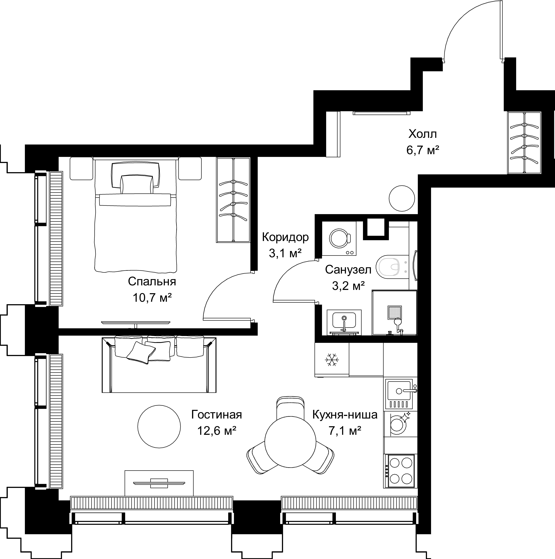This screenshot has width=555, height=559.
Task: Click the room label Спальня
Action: [x=152, y=282]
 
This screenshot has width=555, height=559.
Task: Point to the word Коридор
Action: [x=285, y=238]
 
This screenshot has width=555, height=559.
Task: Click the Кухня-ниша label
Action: [x=345, y=415]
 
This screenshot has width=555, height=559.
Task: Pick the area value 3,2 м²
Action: [x=348, y=286]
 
